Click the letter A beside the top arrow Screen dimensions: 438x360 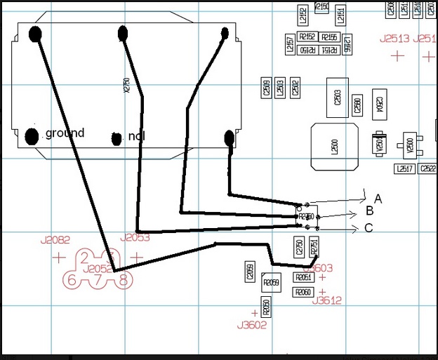[x=378, y=199]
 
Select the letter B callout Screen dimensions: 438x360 [x=370, y=212]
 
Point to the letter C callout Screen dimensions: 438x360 [x=369, y=227]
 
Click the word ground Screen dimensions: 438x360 [x=65, y=133]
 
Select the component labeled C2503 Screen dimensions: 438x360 [x=337, y=97]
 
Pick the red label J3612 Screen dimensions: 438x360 [x=327, y=300]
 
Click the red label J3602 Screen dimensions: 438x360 [x=252, y=325]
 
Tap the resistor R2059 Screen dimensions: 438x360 [x=271, y=283]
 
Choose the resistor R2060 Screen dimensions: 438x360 [x=303, y=292]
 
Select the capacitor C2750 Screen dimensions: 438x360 [x=300, y=246]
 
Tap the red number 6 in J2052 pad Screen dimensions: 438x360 [x=70, y=281]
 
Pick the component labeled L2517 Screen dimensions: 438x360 [x=404, y=168]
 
